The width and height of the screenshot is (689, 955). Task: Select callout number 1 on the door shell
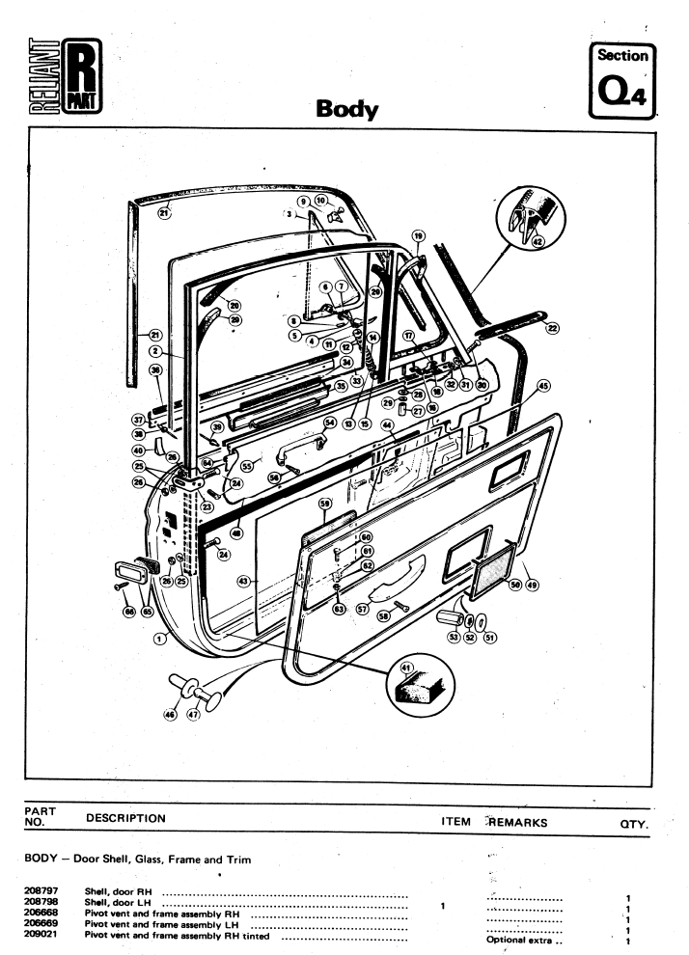[161, 639]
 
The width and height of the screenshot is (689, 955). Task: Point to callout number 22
[552, 328]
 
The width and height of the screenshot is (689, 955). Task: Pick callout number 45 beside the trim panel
[543, 387]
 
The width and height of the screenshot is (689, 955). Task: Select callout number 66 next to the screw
[128, 611]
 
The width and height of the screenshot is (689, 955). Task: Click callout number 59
[325, 504]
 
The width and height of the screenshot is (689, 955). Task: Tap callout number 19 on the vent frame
[418, 235]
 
